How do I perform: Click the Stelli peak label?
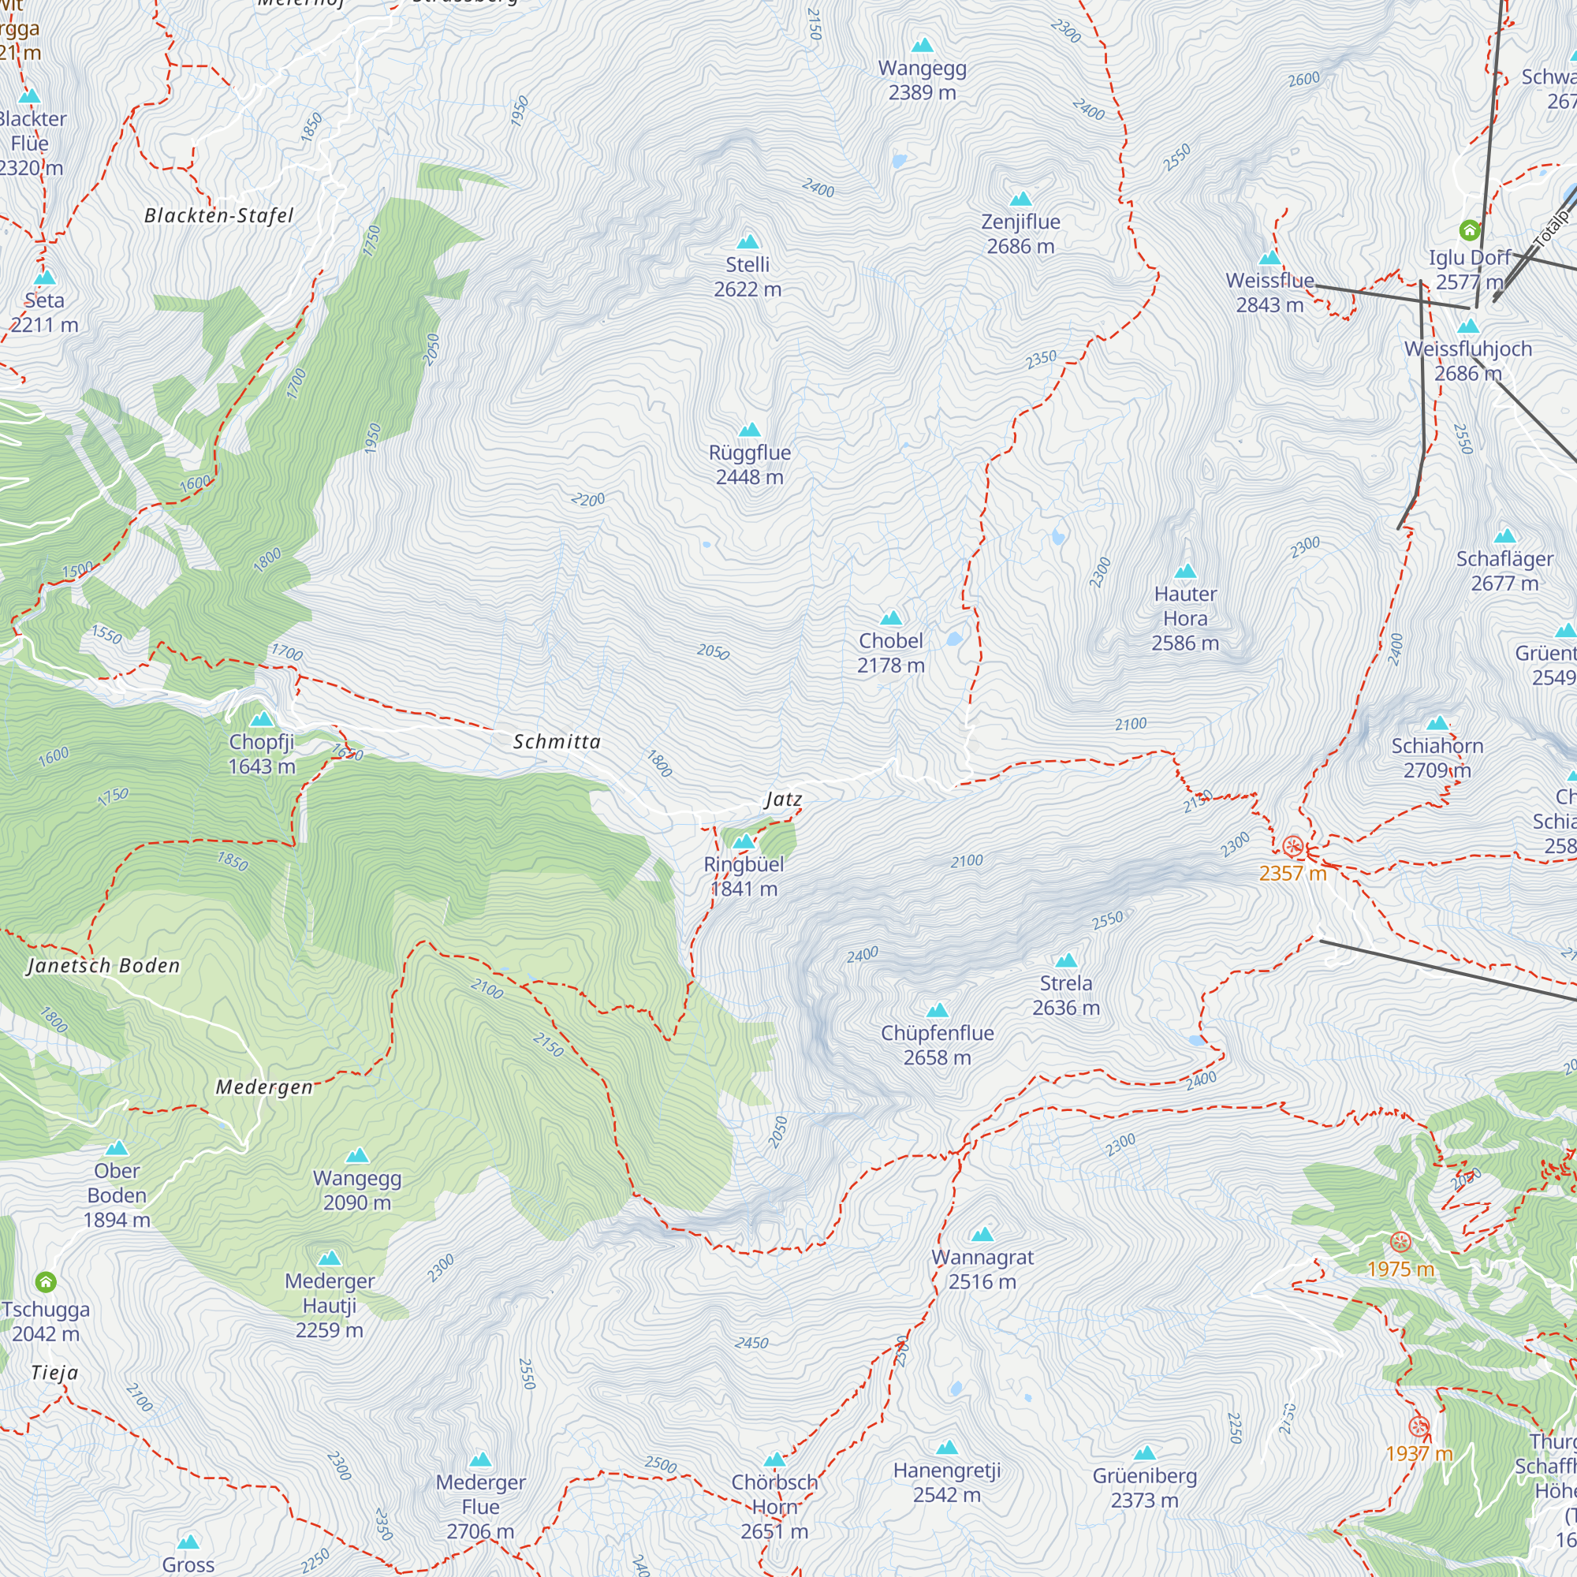(747, 277)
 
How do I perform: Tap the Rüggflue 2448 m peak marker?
(749, 431)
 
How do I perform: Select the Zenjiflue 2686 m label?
(1020, 233)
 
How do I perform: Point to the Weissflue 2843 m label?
(1269, 293)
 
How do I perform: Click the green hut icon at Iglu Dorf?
(1469, 230)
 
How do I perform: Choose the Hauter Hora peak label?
(1184, 618)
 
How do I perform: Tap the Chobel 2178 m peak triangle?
(890, 618)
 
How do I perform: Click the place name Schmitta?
(557, 741)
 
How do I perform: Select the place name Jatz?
(784, 799)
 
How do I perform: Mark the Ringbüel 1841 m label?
(743, 876)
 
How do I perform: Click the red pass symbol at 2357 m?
(1292, 845)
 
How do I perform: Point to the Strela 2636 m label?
(1065, 995)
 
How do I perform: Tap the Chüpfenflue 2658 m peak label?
(937, 1045)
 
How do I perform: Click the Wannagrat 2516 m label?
(982, 1269)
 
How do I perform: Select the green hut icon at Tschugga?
(46, 1281)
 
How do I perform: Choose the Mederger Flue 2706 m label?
(480, 1506)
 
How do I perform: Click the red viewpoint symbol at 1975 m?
(1400, 1243)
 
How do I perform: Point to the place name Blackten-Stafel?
(218, 215)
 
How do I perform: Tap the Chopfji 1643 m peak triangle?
(261, 719)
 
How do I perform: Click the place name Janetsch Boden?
(103, 966)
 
